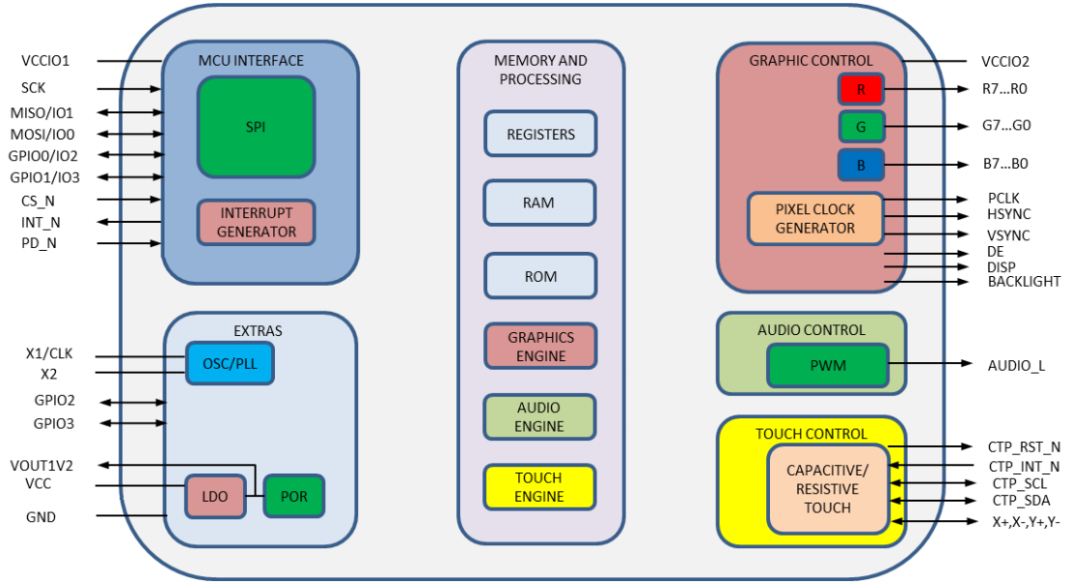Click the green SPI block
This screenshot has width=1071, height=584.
[x=256, y=126]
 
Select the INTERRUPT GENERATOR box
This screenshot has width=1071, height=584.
[x=256, y=221]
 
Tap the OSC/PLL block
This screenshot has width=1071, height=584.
[x=229, y=363]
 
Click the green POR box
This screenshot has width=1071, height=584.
[x=293, y=496]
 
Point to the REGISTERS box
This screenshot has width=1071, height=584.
[x=540, y=134]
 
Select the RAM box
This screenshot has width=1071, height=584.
[x=540, y=203]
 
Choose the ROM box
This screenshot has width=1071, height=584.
[x=540, y=276]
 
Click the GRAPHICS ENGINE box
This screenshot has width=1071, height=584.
[x=540, y=347]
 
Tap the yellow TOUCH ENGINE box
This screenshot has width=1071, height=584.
[x=540, y=487]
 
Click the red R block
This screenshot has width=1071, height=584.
[x=861, y=90]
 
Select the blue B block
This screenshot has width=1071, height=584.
[x=861, y=164]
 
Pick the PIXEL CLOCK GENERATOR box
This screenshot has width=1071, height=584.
[x=815, y=218]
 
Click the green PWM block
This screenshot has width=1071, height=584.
[x=827, y=366]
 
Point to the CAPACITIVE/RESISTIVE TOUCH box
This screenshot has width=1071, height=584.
[x=827, y=488]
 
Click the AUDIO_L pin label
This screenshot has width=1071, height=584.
[x=1016, y=366]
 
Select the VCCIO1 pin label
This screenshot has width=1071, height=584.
[x=45, y=61]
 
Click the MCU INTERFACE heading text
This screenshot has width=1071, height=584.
[x=251, y=61]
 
